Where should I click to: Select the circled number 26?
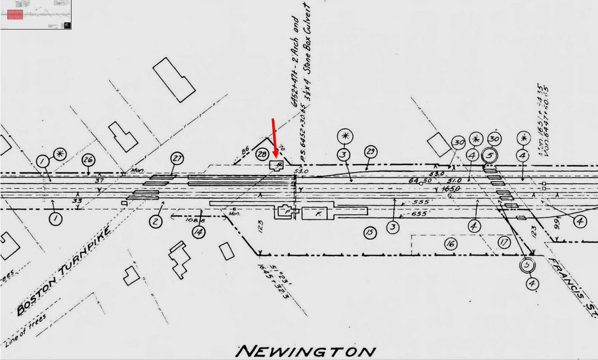pos(88,160)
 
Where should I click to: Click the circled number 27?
pos(176,159)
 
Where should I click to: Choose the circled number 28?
pos(262,154)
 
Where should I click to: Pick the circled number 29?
pos(370,152)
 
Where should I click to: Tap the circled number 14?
pos(198,231)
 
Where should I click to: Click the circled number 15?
pos(370,233)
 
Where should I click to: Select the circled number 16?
pos(450,245)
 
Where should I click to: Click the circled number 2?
pos(155,221)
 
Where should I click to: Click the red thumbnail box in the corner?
pos(15,15)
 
